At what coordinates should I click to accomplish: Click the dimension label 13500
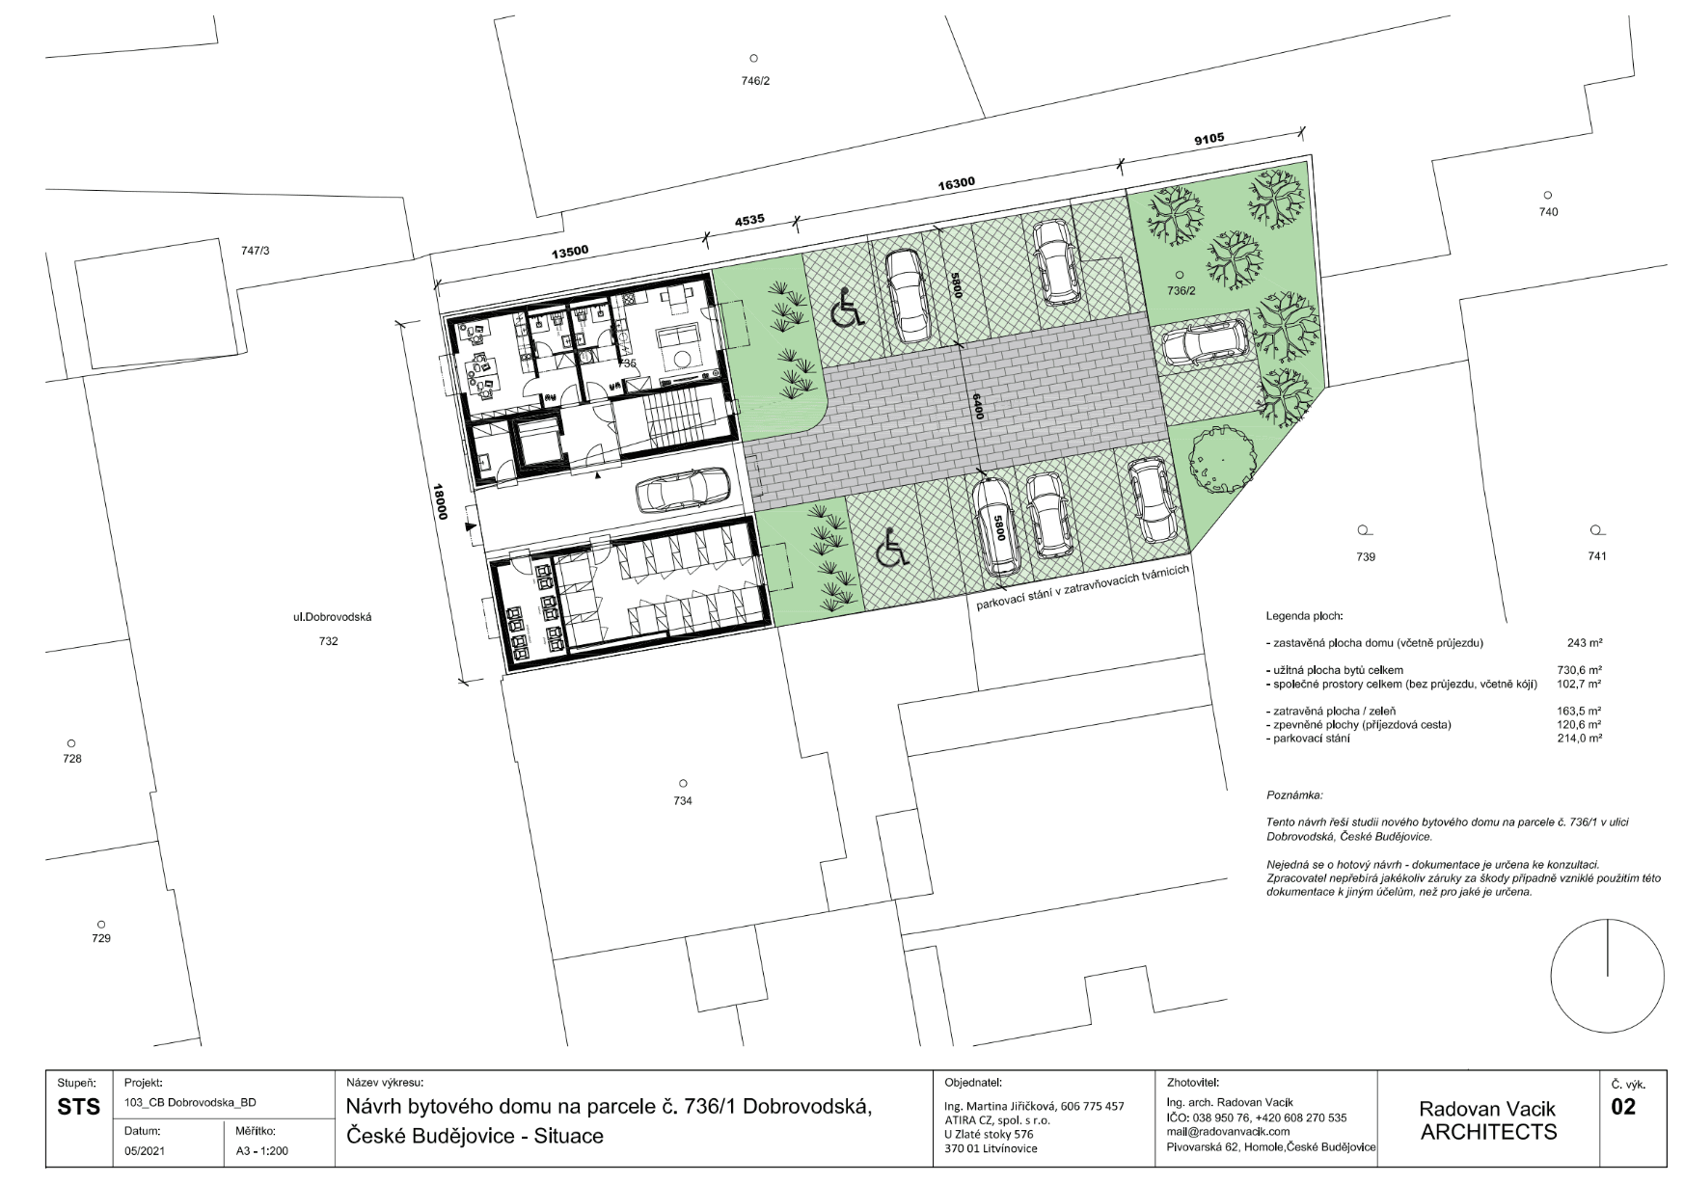point(569,252)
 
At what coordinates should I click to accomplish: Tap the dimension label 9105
point(1209,138)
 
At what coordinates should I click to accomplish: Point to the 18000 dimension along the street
point(441,501)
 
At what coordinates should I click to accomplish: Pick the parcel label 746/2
point(755,81)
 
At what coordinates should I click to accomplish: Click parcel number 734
point(683,800)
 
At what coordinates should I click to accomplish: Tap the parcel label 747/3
point(256,251)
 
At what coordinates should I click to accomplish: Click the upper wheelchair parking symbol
point(846,309)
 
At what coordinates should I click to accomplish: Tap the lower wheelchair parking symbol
point(892,552)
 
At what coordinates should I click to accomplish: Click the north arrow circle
point(1607,976)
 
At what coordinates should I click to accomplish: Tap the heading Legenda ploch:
point(1304,615)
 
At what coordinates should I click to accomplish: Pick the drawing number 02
point(1623,1106)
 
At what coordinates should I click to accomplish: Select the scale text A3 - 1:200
point(261,1150)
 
